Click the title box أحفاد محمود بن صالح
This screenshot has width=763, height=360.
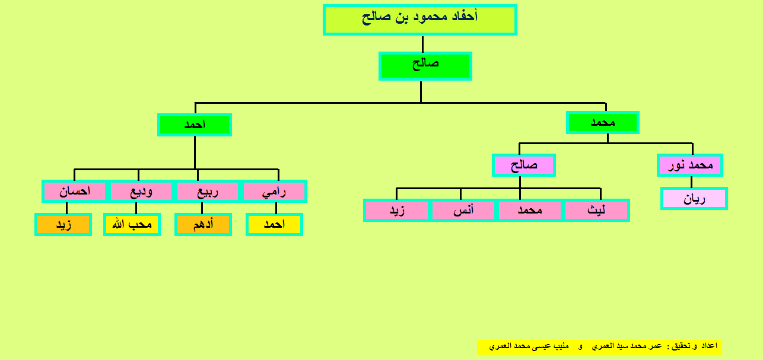point(420,20)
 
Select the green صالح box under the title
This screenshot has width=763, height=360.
point(425,66)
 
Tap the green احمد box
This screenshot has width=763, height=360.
point(195,125)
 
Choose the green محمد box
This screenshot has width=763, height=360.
point(603,122)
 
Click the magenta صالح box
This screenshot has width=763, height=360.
point(524,165)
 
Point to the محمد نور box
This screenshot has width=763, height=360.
point(690,165)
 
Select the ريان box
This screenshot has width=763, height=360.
point(694,198)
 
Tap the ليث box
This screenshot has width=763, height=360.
point(596,210)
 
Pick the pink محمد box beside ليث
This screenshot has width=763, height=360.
point(530,210)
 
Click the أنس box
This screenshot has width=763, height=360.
point(463,210)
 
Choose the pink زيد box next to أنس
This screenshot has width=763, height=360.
point(397,210)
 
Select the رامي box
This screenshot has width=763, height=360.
point(274,192)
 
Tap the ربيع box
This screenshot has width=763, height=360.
point(208,192)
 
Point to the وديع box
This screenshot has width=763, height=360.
point(141,192)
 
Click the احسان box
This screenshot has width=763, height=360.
point(75,192)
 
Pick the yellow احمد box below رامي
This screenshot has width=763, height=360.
point(274,224)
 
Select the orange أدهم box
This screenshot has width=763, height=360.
point(203,224)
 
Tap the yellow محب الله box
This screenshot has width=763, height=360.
point(132,224)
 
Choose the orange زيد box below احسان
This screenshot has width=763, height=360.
point(63,224)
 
